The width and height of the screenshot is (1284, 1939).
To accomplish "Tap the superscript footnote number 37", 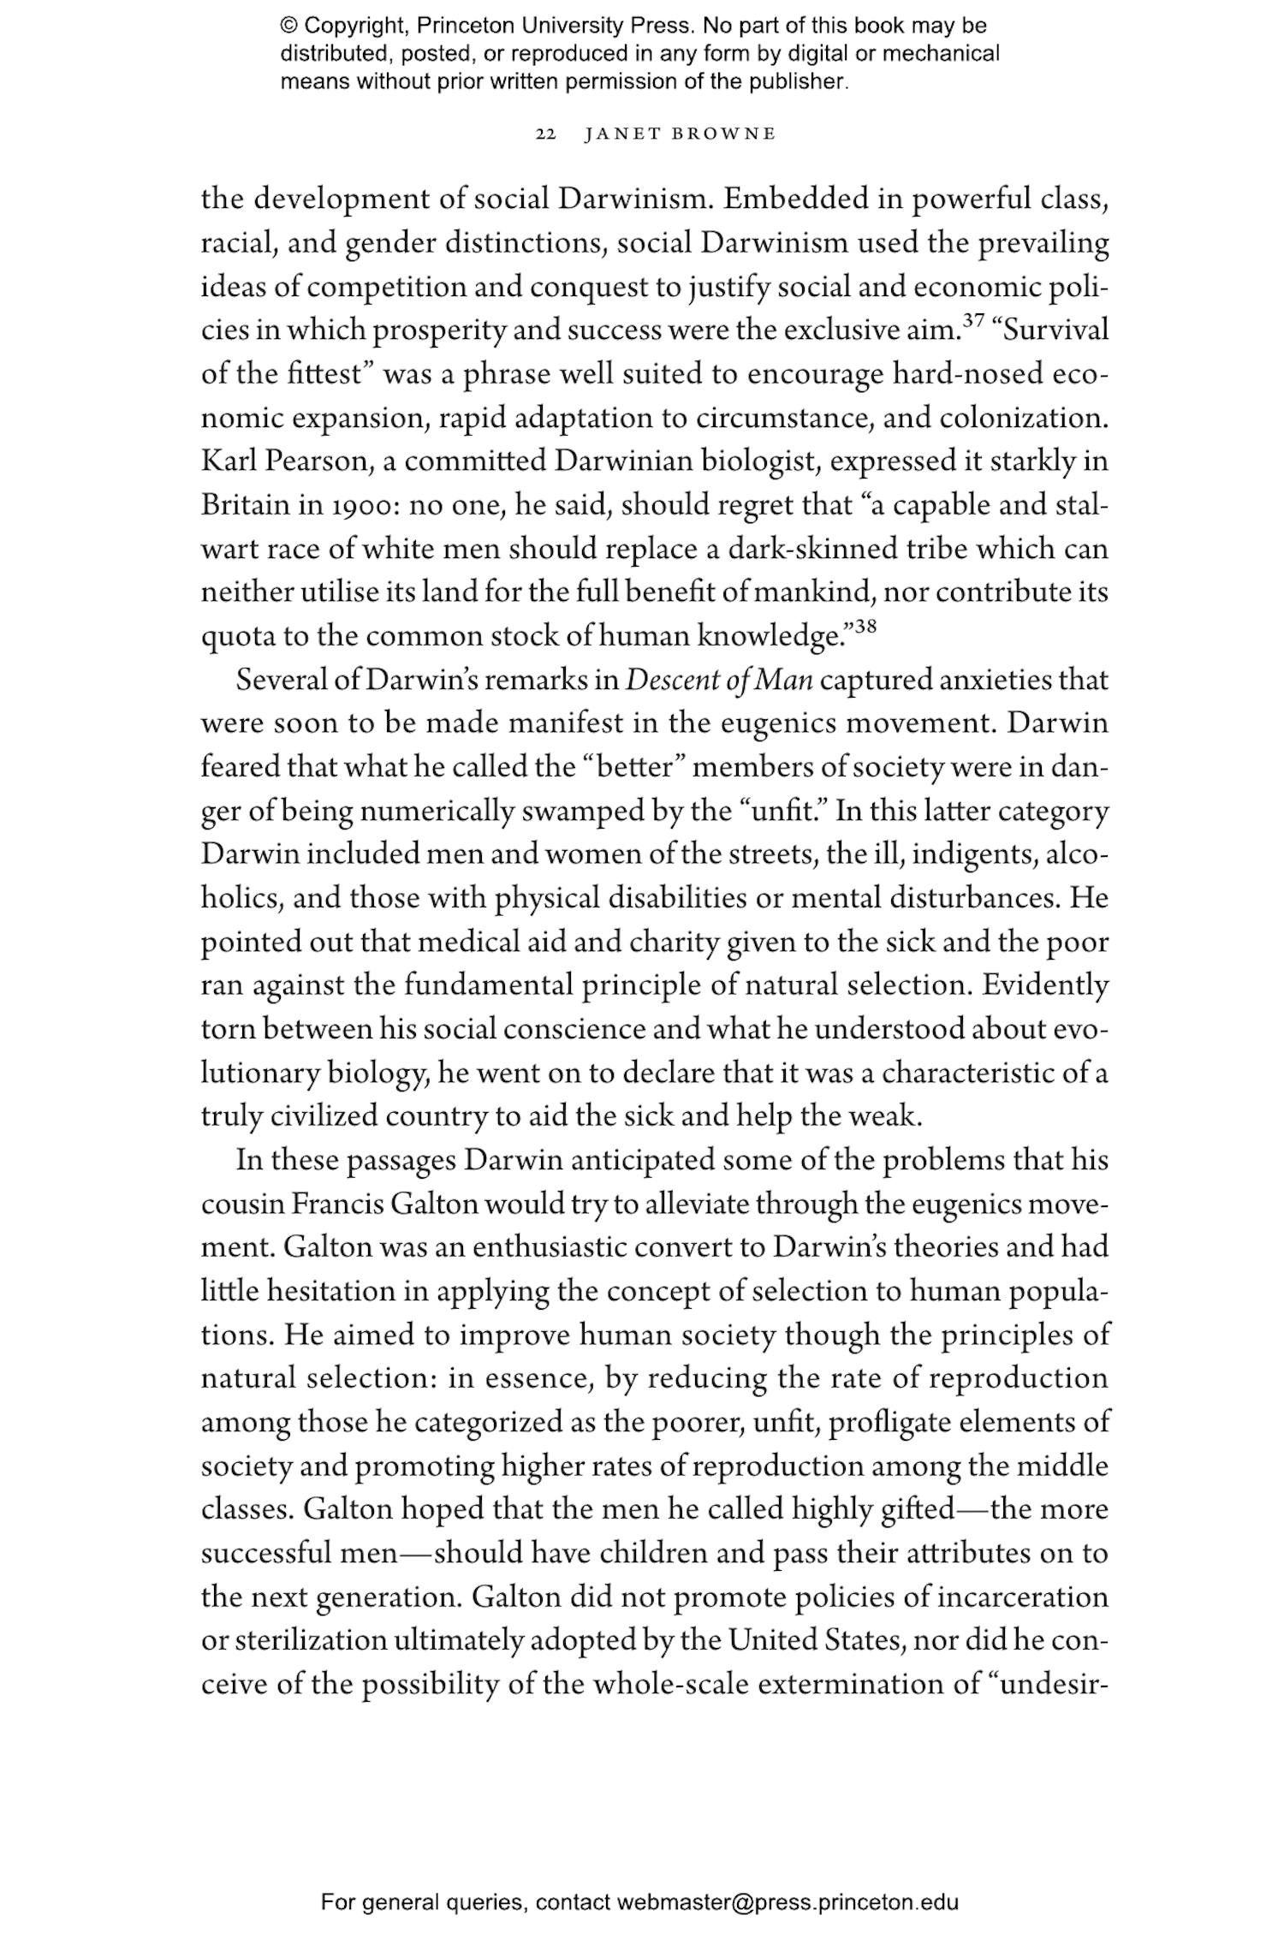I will pyautogui.click(x=973, y=321).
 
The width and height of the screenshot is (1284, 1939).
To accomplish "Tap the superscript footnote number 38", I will pyautogui.click(x=865, y=626).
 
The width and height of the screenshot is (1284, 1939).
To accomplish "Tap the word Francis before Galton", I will pyautogui.click(x=337, y=1204).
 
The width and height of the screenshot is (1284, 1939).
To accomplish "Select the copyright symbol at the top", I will pyautogui.click(x=288, y=26).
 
